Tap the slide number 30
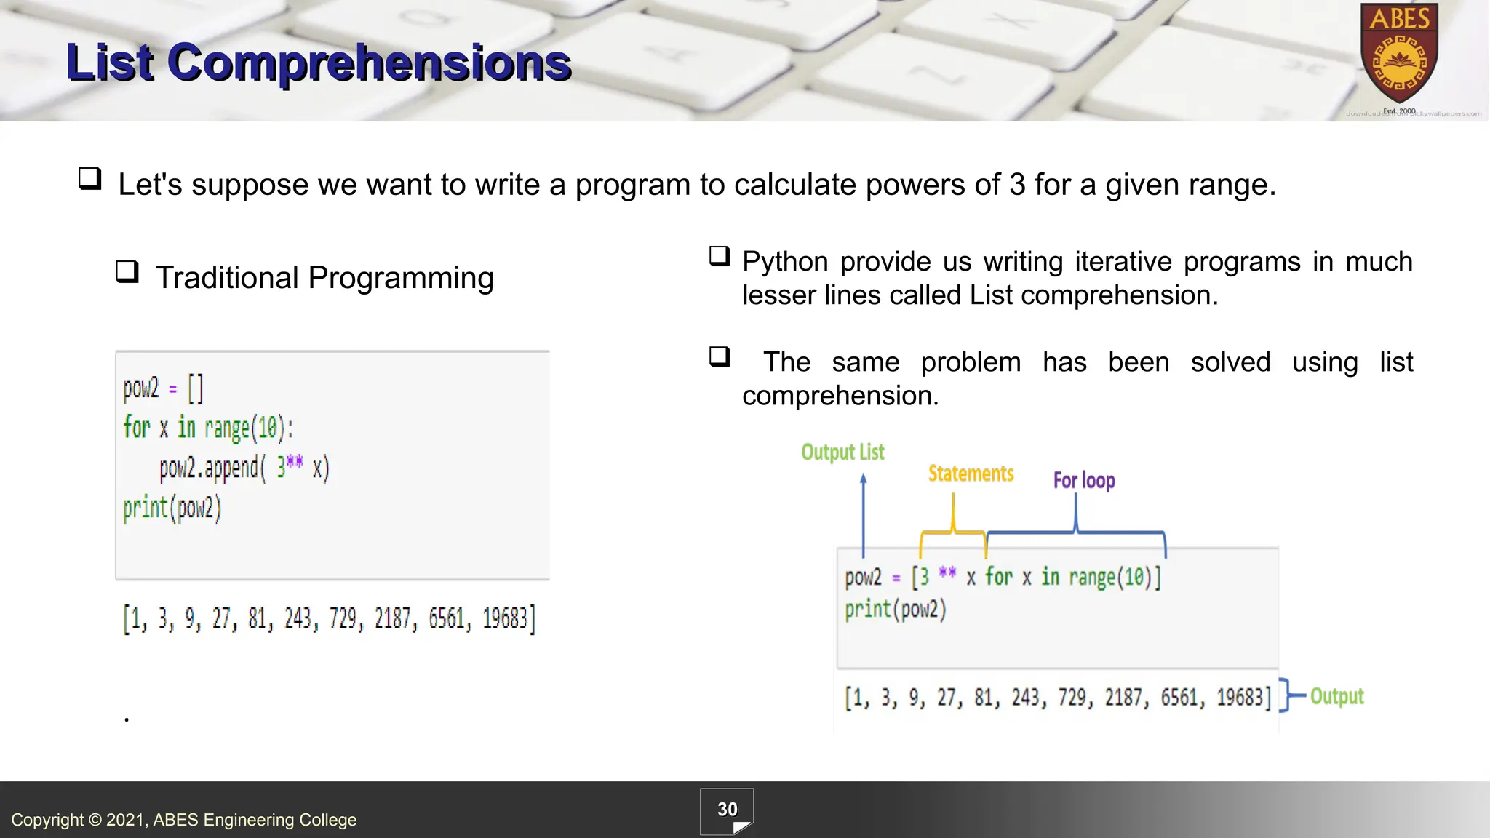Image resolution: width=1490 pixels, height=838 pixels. click(727, 810)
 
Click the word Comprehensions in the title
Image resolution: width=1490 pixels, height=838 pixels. click(369, 63)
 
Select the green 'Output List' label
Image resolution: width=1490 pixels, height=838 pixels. click(842, 452)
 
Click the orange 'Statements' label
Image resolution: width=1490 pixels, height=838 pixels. click(971, 474)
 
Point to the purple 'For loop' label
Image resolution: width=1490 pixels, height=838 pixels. click(1083, 480)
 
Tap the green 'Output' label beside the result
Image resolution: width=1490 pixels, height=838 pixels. click(1336, 696)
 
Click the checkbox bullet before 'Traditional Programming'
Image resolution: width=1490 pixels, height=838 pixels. click(127, 272)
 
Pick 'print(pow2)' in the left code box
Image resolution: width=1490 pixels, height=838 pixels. click(172, 508)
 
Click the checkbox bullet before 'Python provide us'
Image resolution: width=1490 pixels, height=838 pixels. click(720, 256)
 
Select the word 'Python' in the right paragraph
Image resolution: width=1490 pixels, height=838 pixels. click(785, 261)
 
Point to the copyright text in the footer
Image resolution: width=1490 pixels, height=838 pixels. click(184, 820)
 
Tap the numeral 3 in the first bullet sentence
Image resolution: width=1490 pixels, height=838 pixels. click(1017, 185)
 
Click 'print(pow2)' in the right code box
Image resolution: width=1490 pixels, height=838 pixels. click(895, 609)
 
